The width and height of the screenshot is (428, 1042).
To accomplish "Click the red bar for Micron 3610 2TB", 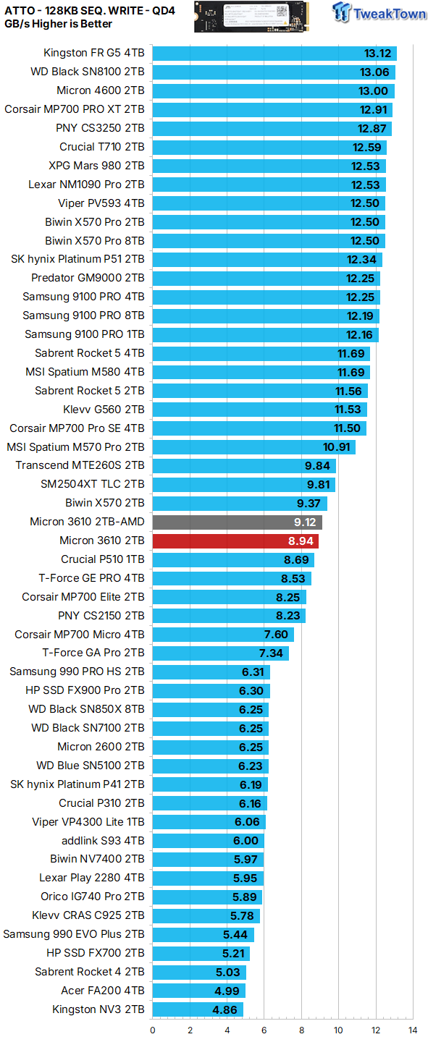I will (x=235, y=541).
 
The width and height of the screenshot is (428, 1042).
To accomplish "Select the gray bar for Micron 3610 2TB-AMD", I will (x=237, y=522).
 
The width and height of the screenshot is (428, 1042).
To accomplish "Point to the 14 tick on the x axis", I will (x=413, y=1030).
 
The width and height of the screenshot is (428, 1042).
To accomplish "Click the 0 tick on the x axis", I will (x=153, y=1030).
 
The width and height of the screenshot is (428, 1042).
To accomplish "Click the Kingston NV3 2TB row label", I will (x=98, y=1009).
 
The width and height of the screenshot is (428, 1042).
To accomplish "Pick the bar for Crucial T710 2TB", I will (x=269, y=147).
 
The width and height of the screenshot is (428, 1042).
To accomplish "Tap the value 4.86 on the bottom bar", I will (x=226, y=1009).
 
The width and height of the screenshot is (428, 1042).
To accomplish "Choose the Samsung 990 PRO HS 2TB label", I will (x=77, y=672).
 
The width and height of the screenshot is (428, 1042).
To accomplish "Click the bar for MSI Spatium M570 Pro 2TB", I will (x=253, y=447).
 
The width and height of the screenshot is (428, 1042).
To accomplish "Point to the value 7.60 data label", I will (x=276, y=635).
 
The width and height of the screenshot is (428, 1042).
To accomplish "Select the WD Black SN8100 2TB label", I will (x=87, y=72).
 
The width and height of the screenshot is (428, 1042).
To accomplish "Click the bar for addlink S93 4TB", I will (x=208, y=841).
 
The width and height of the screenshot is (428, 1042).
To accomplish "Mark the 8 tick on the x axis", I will (x=301, y=1030).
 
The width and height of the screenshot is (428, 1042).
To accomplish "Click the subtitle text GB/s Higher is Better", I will (x=59, y=24).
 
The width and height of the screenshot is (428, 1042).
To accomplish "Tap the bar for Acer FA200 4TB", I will (x=198, y=991).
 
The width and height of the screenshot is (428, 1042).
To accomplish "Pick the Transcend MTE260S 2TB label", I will (x=80, y=465).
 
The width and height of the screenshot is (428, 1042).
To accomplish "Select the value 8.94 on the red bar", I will (x=301, y=541).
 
